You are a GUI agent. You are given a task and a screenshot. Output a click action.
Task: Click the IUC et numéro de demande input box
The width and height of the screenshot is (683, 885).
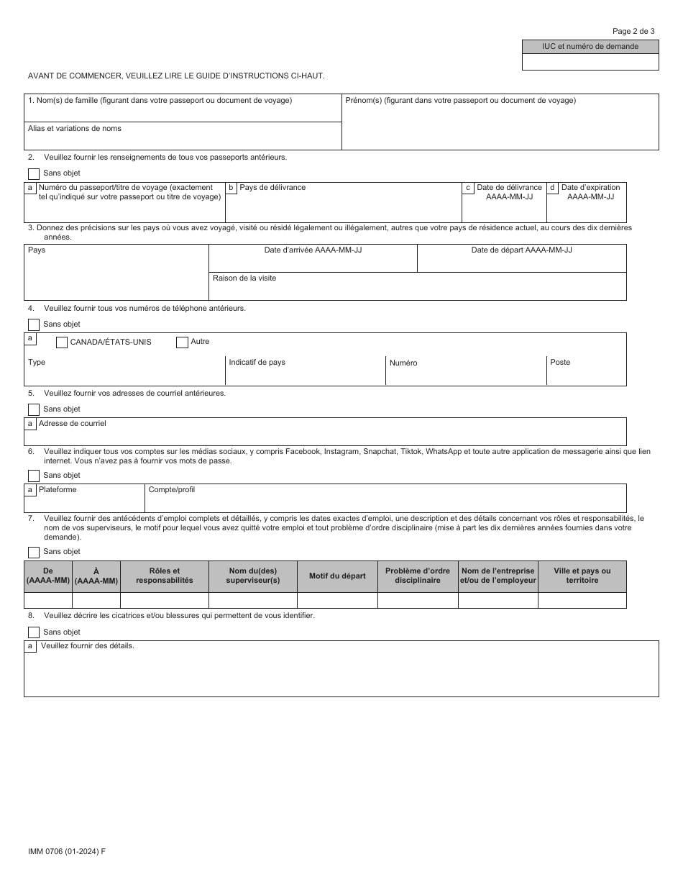[590, 62]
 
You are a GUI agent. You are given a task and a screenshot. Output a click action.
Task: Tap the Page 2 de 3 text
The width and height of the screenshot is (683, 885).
[633, 31]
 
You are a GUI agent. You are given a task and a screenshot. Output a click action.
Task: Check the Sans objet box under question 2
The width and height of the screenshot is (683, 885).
[34, 173]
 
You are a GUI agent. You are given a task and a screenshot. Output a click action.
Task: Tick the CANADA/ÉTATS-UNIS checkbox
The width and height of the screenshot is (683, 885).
[62, 342]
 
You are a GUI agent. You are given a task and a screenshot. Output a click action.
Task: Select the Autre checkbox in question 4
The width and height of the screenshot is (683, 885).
[182, 342]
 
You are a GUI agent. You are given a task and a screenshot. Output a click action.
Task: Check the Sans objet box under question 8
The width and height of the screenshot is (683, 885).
[34, 632]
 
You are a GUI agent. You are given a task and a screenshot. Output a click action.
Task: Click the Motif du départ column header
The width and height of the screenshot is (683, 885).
[337, 576]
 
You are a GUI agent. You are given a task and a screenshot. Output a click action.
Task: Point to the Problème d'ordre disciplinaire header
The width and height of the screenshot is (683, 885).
[418, 576]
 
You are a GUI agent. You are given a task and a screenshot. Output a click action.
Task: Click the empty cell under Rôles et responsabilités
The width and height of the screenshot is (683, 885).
[164, 600]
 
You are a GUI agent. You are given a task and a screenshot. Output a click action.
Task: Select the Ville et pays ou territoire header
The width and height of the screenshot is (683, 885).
[582, 576]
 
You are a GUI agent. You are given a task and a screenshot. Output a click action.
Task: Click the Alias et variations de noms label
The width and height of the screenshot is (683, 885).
[75, 129]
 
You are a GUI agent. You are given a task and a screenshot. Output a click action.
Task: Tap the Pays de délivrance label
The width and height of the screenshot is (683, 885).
[272, 188]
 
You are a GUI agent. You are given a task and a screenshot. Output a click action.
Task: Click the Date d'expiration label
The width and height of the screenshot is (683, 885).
[590, 188]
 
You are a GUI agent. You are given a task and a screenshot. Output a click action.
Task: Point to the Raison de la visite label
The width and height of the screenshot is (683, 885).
[244, 278]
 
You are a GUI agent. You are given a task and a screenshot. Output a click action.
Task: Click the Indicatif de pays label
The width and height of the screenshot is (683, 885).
[257, 362]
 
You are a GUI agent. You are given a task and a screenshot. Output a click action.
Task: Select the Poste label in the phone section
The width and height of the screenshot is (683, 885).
[560, 362]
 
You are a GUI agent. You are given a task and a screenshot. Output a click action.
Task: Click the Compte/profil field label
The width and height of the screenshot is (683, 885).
[171, 490]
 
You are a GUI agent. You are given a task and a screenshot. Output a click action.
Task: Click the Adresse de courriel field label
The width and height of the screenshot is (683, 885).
[73, 424]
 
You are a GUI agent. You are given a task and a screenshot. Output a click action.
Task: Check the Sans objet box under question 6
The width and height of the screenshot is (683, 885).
[34, 476]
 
